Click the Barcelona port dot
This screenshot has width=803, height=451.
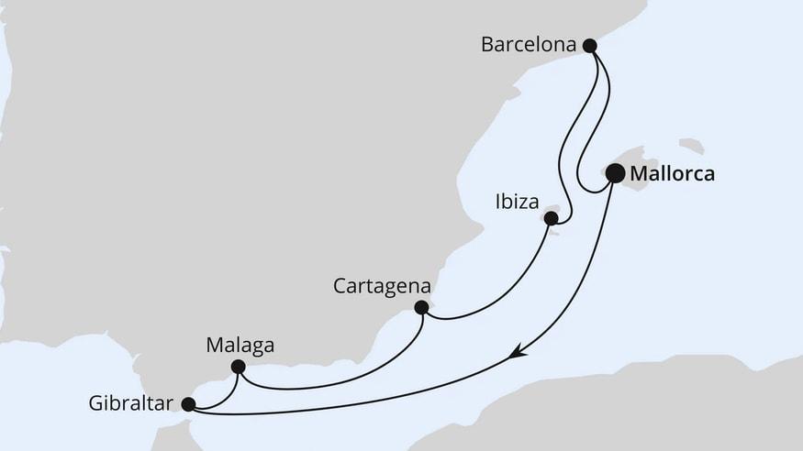click(590, 44)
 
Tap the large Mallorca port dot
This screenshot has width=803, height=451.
click(615, 173)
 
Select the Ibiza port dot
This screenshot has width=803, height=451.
click(551, 218)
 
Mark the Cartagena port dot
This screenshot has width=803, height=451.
click(421, 307)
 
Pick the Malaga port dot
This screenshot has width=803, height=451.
click(238, 367)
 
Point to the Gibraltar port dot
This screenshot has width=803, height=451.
click(188, 402)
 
